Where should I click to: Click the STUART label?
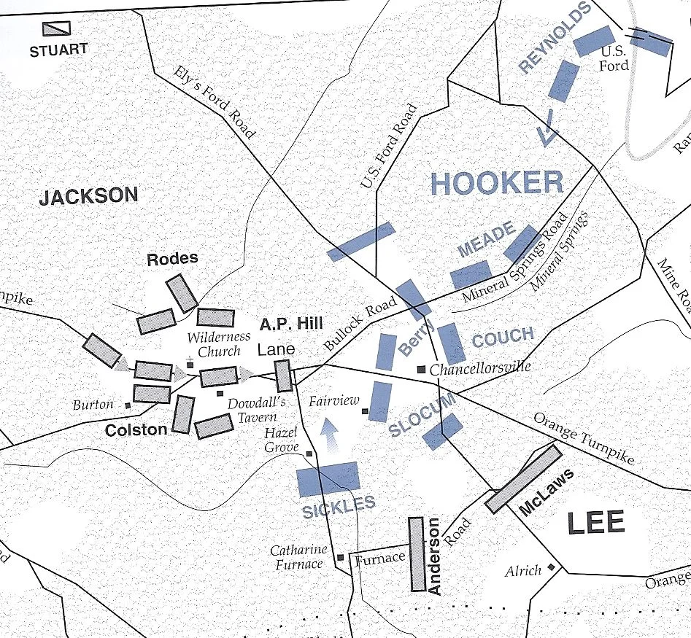point(58,50)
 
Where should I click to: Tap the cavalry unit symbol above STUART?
point(56,28)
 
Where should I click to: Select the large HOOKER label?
point(496,182)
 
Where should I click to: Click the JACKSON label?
point(88,196)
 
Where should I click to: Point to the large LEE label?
point(597,523)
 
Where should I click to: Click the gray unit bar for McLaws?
point(523,478)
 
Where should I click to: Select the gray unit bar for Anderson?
point(417,554)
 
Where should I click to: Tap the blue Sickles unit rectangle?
point(328,478)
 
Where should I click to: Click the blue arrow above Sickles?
point(331,435)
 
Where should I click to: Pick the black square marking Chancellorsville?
point(421,370)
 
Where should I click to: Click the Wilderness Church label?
point(218,344)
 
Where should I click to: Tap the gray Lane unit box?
point(283,376)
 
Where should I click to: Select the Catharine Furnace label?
point(298,557)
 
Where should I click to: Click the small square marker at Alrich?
point(552,567)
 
